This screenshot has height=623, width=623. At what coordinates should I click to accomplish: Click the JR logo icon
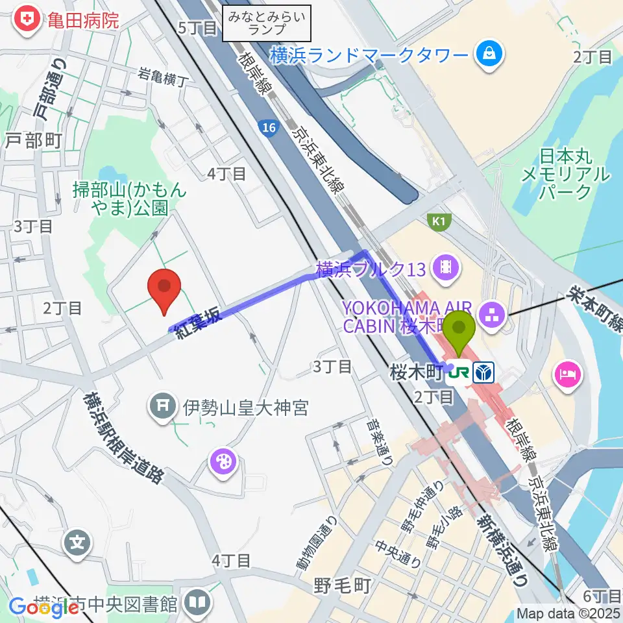tap(461, 373)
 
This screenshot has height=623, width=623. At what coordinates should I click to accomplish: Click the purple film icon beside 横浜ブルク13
tap(445, 267)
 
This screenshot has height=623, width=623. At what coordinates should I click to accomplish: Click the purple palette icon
tap(222, 462)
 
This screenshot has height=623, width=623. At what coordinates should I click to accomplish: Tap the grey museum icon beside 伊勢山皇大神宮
tap(163, 407)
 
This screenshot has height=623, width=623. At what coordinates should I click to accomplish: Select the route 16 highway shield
tap(267, 128)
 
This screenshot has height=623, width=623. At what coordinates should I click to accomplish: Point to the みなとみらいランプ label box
tap(267, 23)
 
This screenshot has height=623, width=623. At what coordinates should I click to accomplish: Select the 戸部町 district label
tap(34, 140)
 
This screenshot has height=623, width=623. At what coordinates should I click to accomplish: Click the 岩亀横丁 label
tap(163, 78)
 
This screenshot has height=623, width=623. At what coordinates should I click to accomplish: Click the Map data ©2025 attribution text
tap(569, 613)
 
